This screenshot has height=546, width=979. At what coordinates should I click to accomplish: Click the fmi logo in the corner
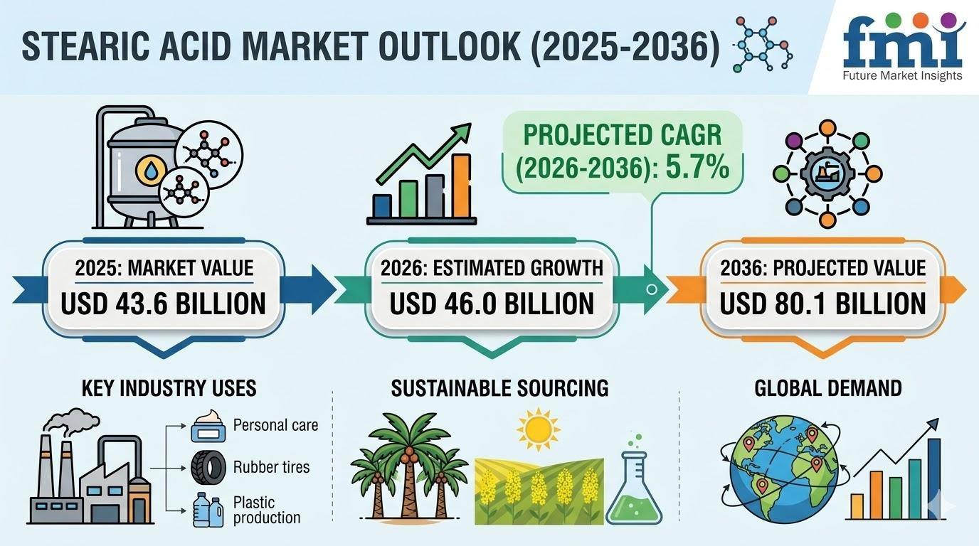[904, 47]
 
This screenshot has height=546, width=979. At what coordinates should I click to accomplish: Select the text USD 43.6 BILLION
[163, 304]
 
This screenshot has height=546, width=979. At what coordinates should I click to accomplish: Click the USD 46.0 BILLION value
[492, 304]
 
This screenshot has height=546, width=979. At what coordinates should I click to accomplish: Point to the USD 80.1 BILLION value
[822, 304]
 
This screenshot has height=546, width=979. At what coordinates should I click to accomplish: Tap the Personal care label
[275, 425]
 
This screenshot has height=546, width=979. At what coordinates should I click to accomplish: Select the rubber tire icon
[209, 467]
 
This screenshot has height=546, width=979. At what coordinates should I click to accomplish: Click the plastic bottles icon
[208, 509]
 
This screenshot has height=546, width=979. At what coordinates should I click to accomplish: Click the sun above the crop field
[539, 429]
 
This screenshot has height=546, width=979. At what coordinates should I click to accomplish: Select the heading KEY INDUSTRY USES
[169, 388]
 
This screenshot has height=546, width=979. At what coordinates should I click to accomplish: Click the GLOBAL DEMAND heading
[827, 388]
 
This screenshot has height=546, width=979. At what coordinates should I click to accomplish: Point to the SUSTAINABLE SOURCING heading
[499, 388]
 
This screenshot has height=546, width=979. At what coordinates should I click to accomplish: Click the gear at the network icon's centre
[827, 174]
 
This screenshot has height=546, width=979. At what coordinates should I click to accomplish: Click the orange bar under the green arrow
[462, 186]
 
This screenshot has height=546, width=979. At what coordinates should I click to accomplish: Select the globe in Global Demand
[783, 469]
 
